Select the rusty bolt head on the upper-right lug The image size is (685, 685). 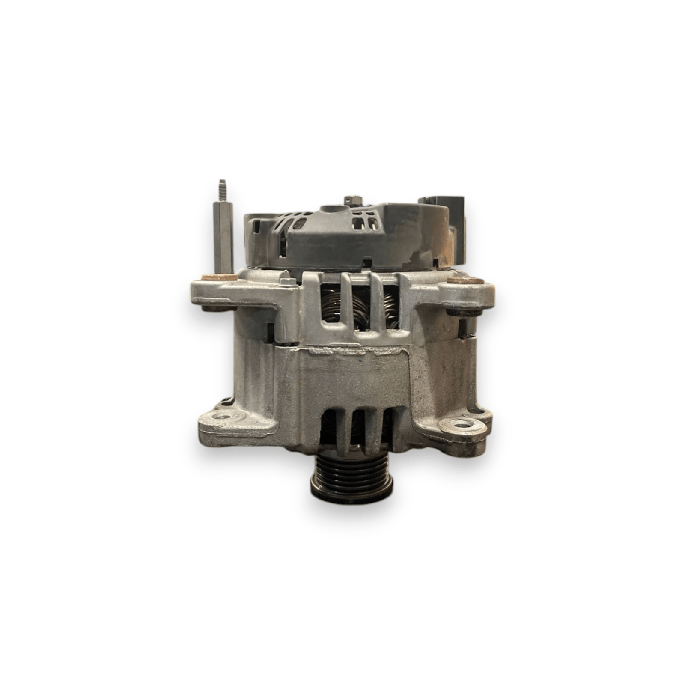point(465,281)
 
